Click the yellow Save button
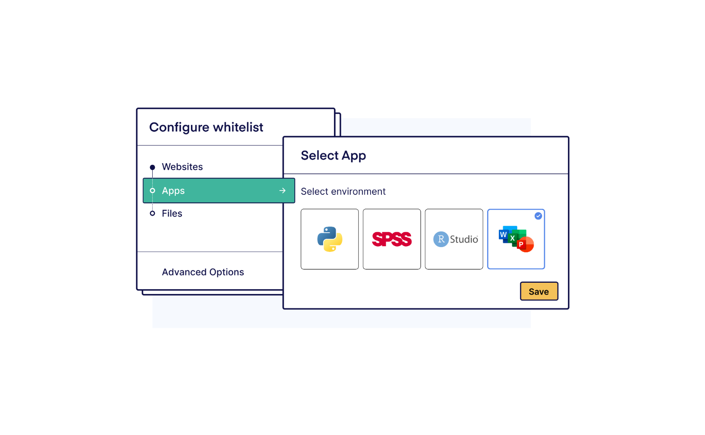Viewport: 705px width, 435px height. tap(538, 291)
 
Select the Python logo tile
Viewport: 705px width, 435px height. tap(330, 239)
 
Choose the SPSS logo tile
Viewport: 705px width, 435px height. tap(392, 239)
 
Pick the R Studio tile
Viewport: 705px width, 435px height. tap(454, 239)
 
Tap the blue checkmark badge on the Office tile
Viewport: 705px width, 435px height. tap(538, 216)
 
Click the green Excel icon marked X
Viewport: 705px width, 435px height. tap(513, 238)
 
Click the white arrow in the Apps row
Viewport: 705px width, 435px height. tap(282, 191)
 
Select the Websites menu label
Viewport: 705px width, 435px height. tap(182, 167)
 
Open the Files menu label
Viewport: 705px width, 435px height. tap(172, 214)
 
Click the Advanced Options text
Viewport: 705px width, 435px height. tap(203, 272)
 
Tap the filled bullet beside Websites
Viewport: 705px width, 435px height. tap(152, 167)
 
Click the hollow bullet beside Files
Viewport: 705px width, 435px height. tap(152, 213)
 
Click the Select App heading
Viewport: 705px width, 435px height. tap(333, 156)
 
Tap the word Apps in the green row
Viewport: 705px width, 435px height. tap(173, 191)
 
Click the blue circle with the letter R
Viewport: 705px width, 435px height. tap(441, 239)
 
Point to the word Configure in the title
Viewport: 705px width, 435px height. tap(179, 127)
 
